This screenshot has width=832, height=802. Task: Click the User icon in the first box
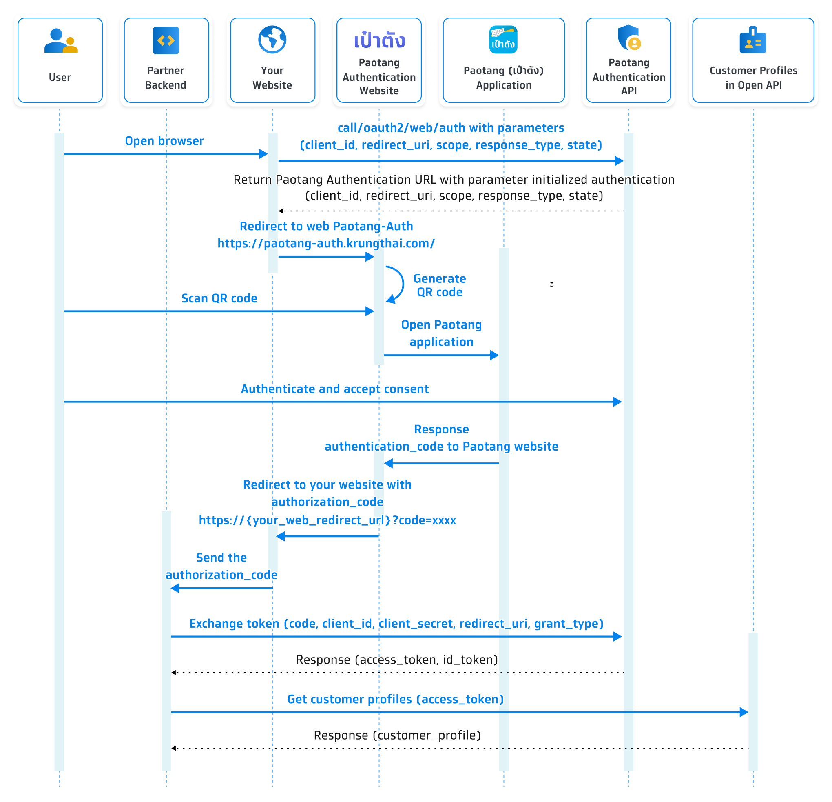61,41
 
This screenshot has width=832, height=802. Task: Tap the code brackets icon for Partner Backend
166,40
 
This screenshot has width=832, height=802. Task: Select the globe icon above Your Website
272,40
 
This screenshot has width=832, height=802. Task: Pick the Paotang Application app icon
503,40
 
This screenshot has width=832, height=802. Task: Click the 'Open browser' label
164,141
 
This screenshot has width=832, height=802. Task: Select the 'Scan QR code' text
219,298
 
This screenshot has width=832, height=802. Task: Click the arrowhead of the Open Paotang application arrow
494,355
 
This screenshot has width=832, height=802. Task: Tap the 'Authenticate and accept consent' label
334,389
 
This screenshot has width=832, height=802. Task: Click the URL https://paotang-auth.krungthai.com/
326,243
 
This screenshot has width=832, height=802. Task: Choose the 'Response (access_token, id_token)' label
396,659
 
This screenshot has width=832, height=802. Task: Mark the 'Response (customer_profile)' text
397,735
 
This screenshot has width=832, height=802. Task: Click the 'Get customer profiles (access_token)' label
395,699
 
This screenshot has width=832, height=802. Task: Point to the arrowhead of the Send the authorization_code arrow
175,588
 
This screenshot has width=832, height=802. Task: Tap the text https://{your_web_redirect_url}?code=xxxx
327,520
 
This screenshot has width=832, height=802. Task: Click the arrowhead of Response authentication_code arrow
388,463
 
